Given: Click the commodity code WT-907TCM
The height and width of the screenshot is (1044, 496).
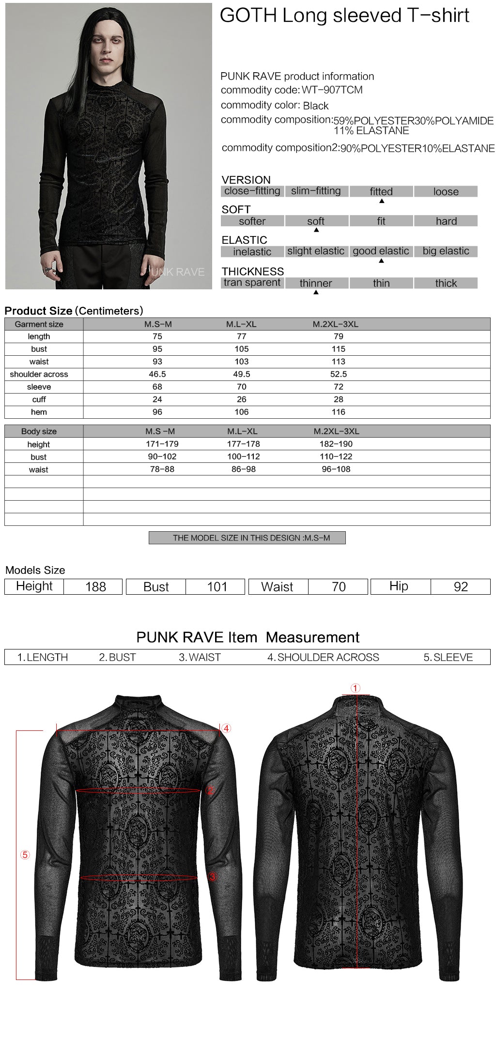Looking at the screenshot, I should (332, 90).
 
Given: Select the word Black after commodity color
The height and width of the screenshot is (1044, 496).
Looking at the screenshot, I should (316, 106).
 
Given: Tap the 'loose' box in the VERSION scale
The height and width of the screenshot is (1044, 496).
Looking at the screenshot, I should (446, 191).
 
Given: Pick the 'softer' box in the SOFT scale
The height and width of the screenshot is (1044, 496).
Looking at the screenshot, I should (252, 221).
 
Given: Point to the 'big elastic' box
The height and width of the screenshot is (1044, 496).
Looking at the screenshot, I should (446, 252).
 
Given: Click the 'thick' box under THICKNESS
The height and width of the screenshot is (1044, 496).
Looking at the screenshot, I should (446, 284).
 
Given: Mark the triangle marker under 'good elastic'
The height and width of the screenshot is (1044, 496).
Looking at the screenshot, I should (381, 261).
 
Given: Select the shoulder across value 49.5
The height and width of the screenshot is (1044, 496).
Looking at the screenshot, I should (242, 374).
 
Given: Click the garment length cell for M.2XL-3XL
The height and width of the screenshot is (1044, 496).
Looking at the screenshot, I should (339, 336).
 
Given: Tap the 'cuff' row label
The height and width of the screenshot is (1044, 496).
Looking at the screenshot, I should (39, 399).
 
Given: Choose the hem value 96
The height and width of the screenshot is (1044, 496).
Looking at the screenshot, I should (157, 412).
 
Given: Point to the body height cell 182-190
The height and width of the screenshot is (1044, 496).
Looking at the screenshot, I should (336, 444).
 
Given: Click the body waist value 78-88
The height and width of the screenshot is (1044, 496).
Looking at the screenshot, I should (162, 469).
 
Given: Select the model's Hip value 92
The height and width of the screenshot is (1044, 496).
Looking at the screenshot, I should (461, 587).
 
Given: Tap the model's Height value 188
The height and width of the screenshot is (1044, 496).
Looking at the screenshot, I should (95, 587).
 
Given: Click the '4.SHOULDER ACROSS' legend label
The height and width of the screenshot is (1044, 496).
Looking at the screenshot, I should (323, 657).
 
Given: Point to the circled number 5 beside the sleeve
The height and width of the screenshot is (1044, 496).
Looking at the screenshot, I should (25, 854).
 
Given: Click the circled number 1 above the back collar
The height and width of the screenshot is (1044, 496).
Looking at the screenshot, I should (356, 688).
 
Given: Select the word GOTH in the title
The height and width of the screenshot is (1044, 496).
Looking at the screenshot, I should (248, 16).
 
